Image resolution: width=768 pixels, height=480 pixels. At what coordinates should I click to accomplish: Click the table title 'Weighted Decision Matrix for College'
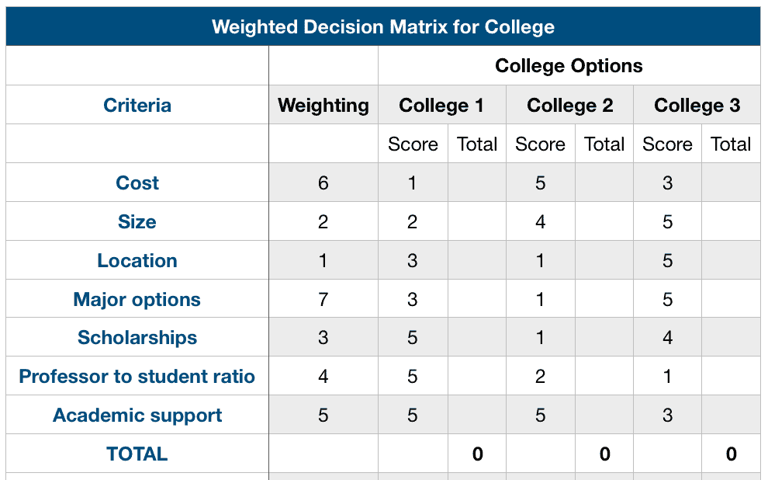383,27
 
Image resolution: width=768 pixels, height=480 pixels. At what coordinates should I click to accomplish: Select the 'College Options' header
569,66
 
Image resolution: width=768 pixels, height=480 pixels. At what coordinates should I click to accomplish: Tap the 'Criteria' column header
137,106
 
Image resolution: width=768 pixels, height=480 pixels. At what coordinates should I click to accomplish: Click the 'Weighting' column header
323,106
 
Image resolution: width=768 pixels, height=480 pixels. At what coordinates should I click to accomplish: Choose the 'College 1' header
441,106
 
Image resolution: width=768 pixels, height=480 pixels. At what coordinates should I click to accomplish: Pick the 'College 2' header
569,106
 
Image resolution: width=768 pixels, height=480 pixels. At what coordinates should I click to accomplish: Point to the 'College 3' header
697,106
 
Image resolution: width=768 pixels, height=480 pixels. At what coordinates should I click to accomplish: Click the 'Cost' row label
137,183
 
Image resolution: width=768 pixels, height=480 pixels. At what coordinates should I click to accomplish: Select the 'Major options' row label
137,300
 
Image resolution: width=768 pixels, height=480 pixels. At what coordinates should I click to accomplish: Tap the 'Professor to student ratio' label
137,377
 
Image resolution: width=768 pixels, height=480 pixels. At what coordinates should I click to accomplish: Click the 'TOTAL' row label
137,454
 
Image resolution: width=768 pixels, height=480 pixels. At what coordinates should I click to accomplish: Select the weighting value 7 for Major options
323,300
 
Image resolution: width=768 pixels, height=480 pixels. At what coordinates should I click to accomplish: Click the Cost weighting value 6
323,183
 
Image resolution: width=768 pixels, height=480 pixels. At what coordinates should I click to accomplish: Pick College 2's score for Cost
541,183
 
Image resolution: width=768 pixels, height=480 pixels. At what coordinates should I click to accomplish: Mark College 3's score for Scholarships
668,338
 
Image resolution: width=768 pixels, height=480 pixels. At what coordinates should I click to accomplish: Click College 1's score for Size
413,222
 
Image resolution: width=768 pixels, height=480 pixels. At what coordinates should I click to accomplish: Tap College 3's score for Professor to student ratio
668,377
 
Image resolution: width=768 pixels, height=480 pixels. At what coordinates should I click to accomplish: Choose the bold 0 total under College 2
604,454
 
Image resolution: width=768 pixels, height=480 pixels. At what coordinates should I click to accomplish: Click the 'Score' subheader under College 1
413,144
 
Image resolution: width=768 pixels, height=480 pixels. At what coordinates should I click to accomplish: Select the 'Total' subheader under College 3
731,144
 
